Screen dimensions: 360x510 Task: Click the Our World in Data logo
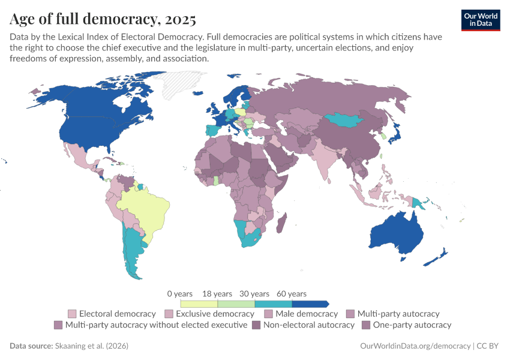tap(481, 19)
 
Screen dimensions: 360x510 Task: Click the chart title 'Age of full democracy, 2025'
tap(103, 20)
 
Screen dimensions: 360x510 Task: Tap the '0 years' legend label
tap(180, 294)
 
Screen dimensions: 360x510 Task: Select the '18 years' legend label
tap(217, 294)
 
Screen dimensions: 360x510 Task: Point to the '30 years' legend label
tap(254, 294)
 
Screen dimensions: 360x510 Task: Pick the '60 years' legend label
tap(292, 294)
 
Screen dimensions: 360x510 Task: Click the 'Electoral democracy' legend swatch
tap(72, 314)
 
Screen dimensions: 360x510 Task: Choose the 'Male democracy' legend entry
tap(305, 314)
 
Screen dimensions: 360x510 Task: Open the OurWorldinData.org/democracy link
tap(415, 346)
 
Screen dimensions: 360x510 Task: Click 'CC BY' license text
tap(488, 346)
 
